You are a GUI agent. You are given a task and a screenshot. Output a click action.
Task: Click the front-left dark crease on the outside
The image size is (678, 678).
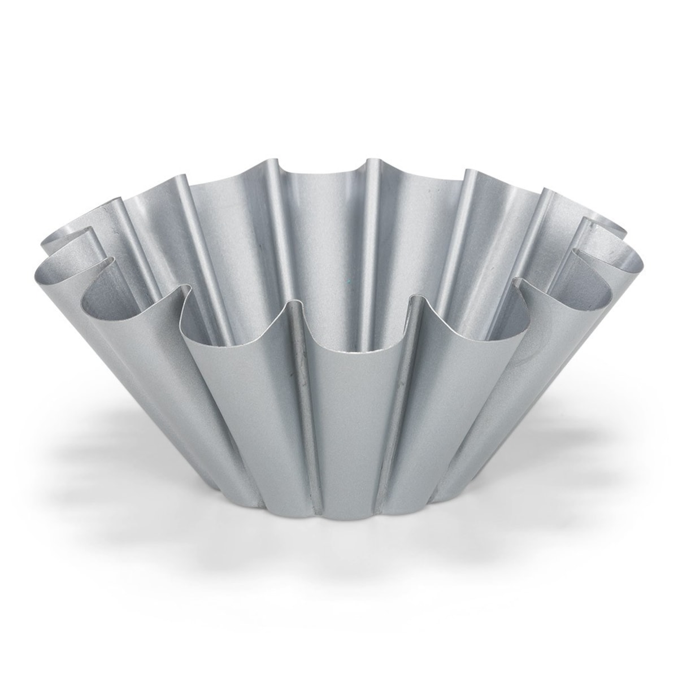pyautogui.click(x=305, y=395)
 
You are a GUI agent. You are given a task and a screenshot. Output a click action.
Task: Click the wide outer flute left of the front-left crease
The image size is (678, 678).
pyautogui.click(x=237, y=395)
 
